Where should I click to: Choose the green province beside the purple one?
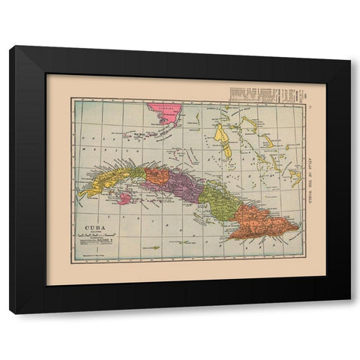(217, 200)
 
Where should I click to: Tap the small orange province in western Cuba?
(157, 177)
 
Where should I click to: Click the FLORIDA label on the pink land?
(161, 106)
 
